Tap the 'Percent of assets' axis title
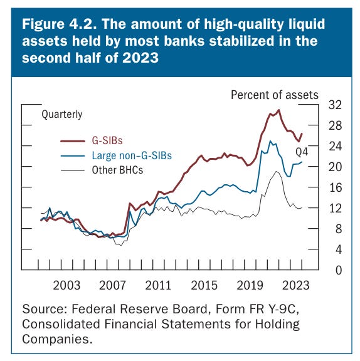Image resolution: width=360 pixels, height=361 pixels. tap(275, 95)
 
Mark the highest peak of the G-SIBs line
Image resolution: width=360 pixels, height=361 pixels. tap(279, 110)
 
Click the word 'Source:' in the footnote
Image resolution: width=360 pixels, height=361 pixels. tap(43, 309)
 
